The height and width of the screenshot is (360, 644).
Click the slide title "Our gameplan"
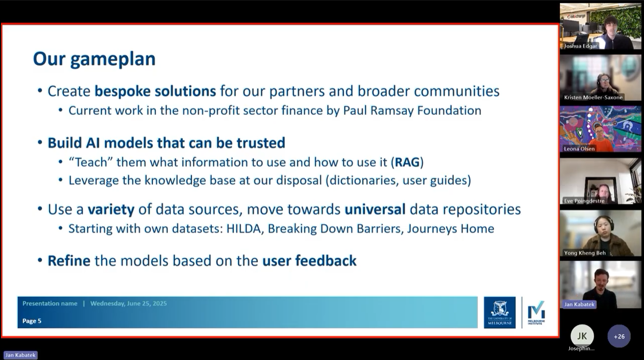click(x=94, y=59)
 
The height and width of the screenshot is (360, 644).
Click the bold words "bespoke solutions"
click(x=155, y=91)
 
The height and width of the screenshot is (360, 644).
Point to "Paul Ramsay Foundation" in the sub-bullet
click(x=412, y=111)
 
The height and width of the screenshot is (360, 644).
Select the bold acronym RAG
click(x=407, y=162)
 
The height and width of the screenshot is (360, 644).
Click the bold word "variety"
click(x=111, y=209)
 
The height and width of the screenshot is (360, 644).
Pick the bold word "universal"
click(x=375, y=209)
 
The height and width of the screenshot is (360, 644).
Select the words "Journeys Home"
click(x=451, y=229)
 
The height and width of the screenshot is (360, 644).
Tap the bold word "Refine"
click(x=69, y=261)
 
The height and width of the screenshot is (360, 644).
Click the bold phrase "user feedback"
click(x=309, y=261)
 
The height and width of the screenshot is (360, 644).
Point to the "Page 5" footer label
click(x=32, y=321)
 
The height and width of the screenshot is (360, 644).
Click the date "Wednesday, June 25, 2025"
click(x=129, y=303)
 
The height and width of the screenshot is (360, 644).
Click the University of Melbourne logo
click(x=500, y=313)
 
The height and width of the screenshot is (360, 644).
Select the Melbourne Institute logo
click(x=536, y=313)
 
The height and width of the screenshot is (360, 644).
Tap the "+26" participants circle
click(x=619, y=337)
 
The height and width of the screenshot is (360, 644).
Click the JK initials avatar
click(x=582, y=336)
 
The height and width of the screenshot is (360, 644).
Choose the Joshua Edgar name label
click(x=580, y=46)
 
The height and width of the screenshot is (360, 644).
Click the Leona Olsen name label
click(x=579, y=149)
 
